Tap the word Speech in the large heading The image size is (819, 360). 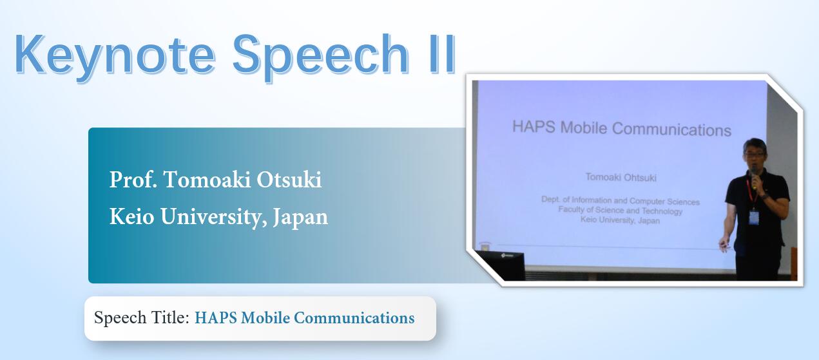tap(320, 56)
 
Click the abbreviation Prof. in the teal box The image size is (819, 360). tap(133, 180)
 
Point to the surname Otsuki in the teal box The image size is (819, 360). tap(289, 180)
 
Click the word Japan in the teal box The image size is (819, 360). tap(300, 218)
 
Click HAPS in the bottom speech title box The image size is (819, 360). tap(216, 318)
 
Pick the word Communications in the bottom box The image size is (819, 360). tap(354, 318)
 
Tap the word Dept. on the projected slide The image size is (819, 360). tap(551, 200)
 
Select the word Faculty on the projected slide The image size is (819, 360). tap(571, 210)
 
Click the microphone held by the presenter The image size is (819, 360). tap(755, 177)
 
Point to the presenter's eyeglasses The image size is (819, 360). tap(754, 155)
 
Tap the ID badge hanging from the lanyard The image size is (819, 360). tap(753, 218)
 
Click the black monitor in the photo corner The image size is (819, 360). tap(501, 265)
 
